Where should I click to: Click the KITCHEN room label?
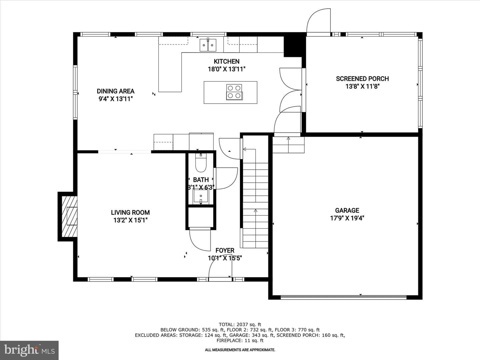[x=227, y=61]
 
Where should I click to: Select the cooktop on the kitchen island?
[x=234, y=92]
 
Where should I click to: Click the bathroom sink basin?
[x=201, y=196]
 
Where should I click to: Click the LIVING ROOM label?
[x=130, y=212]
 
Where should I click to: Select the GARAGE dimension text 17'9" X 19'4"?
[x=347, y=218]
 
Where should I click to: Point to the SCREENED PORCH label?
[x=362, y=79]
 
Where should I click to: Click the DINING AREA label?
[x=115, y=91]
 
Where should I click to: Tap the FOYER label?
[x=225, y=250]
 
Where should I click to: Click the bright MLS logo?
[x=29, y=350]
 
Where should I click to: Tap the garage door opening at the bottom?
[x=343, y=297]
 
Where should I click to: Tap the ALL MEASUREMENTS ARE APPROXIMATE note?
[x=240, y=350]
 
